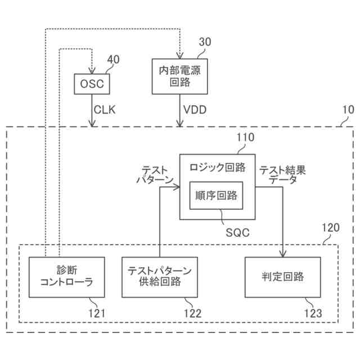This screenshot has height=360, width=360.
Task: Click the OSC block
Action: (x=91, y=84)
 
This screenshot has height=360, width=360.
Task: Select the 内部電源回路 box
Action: (x=180, y=75)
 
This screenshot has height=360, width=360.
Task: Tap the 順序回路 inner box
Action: (x=216, y=196)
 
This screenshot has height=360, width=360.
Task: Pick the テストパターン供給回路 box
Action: (x=160, y=277)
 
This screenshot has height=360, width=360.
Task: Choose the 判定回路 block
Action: (x=282, y=277)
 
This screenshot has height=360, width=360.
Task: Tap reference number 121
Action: (x=97, y=313)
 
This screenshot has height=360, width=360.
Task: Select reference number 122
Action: (x=191, y=313)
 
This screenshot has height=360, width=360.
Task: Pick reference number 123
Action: (x=313, y=313)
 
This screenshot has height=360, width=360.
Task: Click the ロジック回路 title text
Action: (x=217, y=167)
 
